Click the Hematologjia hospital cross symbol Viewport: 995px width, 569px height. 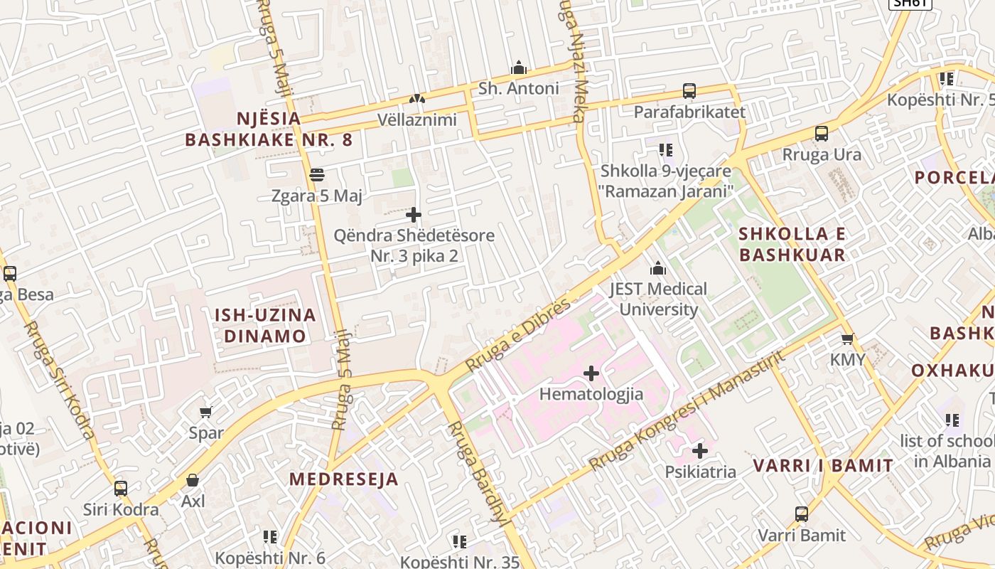tap(591, 373)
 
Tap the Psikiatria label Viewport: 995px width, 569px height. tap(700, 472)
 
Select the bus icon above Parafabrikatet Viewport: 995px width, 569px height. tap(689, 91)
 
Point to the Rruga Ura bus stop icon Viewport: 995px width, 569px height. tap(822, 134)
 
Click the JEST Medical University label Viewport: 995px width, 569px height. tap(658, 299)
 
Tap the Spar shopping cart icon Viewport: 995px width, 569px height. tap(206, 412)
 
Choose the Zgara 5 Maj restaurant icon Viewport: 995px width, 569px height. tap(317, 175)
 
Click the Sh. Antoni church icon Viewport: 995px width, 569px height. tap(519, 68)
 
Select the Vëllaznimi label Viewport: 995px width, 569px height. tap(417, 119)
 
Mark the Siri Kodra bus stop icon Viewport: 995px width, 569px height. tap(121, 489)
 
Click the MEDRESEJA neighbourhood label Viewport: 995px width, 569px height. tap(343, 479)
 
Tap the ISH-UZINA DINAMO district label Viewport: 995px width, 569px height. tap(265, 326)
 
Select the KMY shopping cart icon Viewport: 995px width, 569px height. tap(847, 339)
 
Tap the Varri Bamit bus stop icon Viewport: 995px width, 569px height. tap(802, 514)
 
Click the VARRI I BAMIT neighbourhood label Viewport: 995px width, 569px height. tap(822, 467)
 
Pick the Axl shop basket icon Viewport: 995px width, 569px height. tap(193, 481)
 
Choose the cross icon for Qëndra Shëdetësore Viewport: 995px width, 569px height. tap(414, 215)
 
